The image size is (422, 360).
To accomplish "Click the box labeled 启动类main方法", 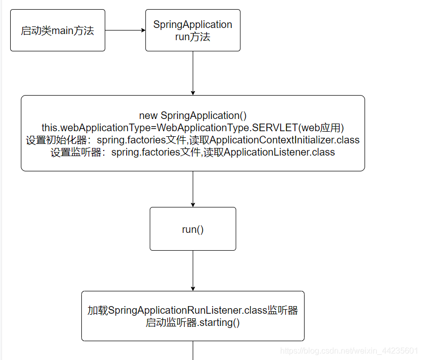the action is [57, 31].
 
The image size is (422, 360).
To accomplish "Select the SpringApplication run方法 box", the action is [193, 31].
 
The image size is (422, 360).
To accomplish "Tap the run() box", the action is [193, 229].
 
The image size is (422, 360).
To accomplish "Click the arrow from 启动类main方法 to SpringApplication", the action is [125, 30].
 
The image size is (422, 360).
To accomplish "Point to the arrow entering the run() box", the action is [193, 189].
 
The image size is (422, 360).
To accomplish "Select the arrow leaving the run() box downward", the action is [193, 271].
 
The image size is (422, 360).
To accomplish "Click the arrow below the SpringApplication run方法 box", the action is [193, 73].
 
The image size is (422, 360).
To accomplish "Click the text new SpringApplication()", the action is [193, 115].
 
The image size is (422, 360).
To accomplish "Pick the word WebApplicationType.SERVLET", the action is [227, 128].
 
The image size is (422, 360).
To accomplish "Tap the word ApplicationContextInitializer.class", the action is [284, 140].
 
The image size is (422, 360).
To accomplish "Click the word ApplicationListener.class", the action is [279, 152].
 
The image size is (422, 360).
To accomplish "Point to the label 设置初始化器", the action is [56, 140].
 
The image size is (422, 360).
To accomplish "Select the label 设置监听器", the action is [76, 153].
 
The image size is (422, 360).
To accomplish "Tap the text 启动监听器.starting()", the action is [193, 322].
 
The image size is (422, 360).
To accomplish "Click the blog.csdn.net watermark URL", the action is [349, 350].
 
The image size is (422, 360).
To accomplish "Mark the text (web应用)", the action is [321, 128].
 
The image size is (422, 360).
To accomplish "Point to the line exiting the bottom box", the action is [193, 350].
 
